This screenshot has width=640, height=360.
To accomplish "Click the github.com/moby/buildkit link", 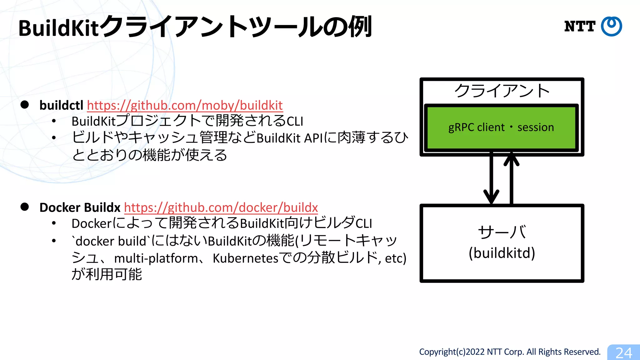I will click(x=185, y=105).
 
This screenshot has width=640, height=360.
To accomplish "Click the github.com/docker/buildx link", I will click(x=221, y=207).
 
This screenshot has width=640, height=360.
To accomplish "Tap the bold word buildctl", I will click(x=61, y=105).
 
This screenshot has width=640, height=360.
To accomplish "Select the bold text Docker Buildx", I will click(x=80, y=207).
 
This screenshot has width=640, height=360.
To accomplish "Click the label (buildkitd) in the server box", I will click(x=502, y=253).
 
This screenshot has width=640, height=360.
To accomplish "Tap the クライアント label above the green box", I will click(x=502, y=91).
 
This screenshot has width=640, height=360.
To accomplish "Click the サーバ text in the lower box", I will click(x=502, y=232).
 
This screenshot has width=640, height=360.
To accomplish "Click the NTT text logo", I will click(x=580, y=26).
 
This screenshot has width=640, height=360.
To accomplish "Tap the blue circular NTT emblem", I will click(x=612, y=26).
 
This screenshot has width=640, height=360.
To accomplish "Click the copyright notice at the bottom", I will click(x=510, y=352).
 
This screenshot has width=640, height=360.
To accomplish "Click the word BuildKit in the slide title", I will click(x=58, y=28).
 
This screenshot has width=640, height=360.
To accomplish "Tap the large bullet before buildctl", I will click(x=25, y=105).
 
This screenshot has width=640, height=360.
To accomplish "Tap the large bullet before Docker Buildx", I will click(x=25, y=207).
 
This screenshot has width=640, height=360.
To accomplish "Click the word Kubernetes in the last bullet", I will click(x=245, y=258).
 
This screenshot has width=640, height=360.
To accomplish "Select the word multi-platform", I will click(x=156, y=258).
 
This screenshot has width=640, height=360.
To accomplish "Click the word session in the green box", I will click(x=535, y=127).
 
